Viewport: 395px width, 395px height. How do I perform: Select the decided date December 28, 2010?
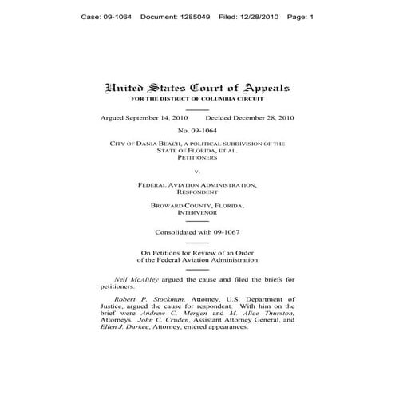265,117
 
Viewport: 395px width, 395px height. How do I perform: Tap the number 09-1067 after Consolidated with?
225,231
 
